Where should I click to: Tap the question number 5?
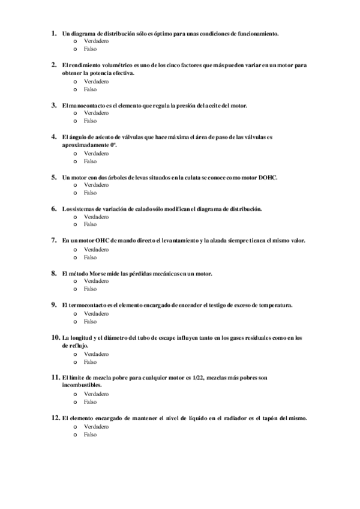(x=55, y=177)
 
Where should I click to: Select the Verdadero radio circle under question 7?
(x=76, y=249)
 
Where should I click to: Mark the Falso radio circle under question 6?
(x=76, y=224)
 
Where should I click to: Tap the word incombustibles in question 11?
(x=82, y=385)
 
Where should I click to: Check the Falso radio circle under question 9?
(x=76, y=321)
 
